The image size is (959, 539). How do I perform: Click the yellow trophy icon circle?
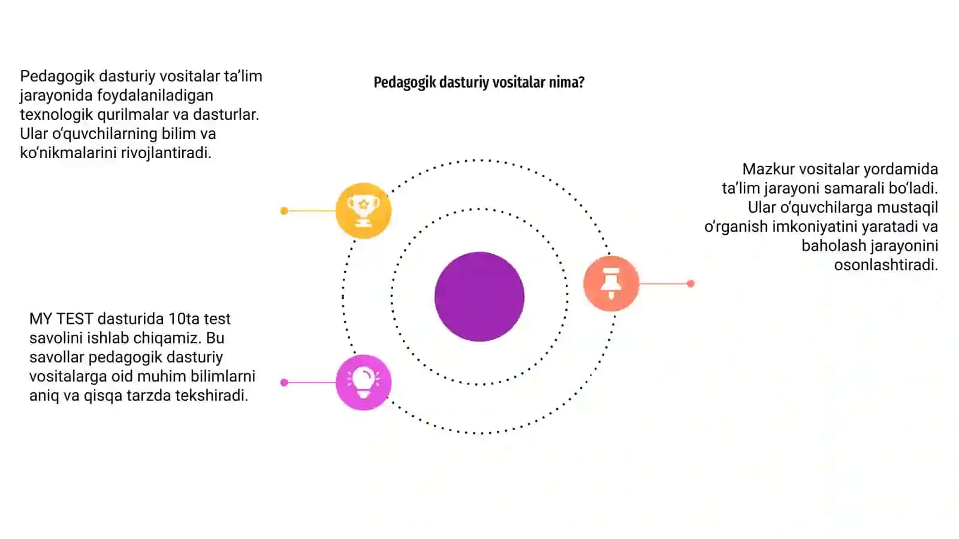tap(363, 210)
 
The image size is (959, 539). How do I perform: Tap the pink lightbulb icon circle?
tap(363, 383)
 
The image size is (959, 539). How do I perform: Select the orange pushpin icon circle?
tap(611, 283)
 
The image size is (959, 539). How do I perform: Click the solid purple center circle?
tap(479, 296)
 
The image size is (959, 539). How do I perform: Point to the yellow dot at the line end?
tap(284, 211)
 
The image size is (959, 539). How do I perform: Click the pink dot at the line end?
tap(284, 383)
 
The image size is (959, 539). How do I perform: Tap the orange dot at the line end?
tap(690, 284)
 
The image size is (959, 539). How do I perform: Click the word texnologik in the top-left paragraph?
tap(56, 114)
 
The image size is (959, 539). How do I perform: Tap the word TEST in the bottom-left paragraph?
tap(74, 319)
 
